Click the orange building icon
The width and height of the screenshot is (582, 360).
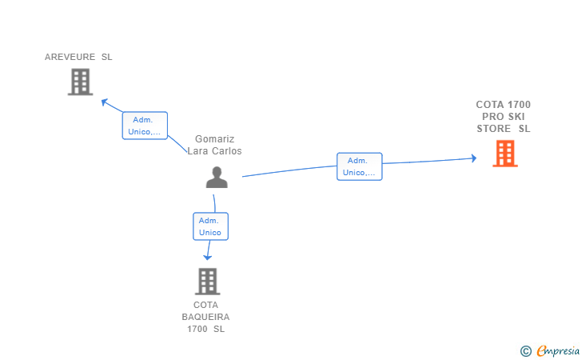pos(505,154)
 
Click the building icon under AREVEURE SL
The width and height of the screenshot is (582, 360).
pos(80,82)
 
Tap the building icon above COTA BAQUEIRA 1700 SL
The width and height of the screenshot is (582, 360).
pos(208,282)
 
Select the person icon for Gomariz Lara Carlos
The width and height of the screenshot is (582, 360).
pos(217,178)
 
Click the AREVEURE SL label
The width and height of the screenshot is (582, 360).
pos(78,57)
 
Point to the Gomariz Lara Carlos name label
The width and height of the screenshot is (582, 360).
pos(214,145)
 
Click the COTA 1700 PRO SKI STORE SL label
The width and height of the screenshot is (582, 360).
pos(504,117)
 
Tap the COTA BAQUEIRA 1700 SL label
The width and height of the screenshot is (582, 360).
pos(205,317)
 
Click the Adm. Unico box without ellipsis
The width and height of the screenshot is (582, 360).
pos(210,226)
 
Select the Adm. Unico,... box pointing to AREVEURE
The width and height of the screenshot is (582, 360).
pos(145,126)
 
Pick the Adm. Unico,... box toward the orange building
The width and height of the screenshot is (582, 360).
pos(359,166)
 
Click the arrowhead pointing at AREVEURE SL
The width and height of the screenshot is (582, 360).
pos(104,102)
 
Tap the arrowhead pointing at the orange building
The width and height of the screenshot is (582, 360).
pos(473,158)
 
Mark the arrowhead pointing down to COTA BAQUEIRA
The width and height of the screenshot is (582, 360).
pos(208,257)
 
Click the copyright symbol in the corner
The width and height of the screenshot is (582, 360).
pos(526,351)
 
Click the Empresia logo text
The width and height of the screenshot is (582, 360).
pos(558,351)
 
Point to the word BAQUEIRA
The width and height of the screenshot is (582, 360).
pos(205,317)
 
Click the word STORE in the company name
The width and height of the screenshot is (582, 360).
pos(494,129)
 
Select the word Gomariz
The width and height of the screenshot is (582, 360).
pos(214,139)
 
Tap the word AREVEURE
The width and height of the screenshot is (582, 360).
pos(70,57)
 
